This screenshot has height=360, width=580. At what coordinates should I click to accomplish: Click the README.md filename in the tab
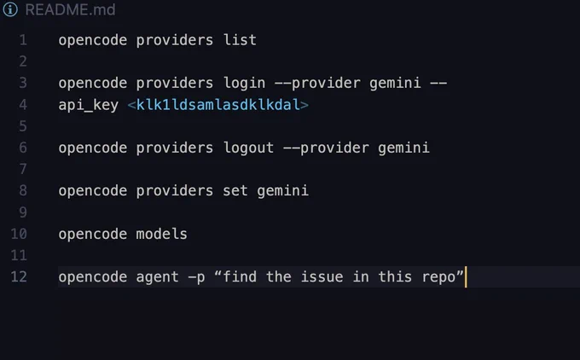click(x=70, y=9)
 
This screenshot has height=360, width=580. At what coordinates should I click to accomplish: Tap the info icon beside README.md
click(x=10, y=9)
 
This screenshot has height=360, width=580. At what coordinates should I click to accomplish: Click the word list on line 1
click(x=240, y=40)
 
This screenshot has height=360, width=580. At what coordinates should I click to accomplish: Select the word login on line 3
click(x=244, y=84)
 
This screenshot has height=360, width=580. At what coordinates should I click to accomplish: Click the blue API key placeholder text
click(x=218, y=105)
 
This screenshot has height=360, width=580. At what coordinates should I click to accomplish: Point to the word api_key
click(x=89, y=106)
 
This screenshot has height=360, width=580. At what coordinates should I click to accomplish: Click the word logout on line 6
click(x=248, y=148)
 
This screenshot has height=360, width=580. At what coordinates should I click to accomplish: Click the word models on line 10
click(x=162, y=234)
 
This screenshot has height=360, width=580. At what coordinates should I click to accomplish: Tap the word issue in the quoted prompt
click(x=322, y=276)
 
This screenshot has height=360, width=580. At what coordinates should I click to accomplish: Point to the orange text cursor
click(x=466, y=276)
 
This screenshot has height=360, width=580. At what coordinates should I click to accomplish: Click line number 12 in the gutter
click(x=19, y=276)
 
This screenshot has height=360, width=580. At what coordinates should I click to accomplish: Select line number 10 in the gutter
click(x=19, y=234)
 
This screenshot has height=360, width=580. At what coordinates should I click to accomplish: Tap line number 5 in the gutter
click(x=23, y=126)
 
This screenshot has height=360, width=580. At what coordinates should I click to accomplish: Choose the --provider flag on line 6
click(x=326, y=148)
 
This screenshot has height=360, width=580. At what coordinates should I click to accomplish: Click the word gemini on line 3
click(x=395, y=84)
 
